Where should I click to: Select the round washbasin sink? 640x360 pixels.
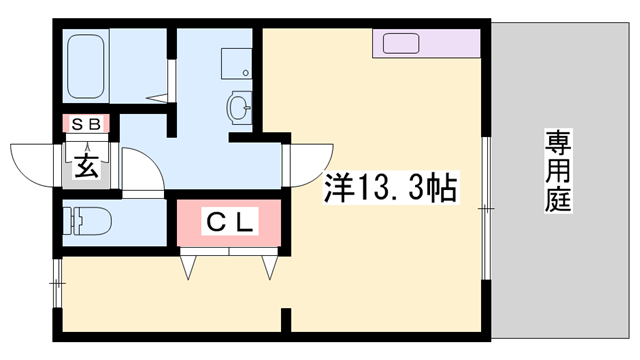pyautogui.click(x=239, y=106)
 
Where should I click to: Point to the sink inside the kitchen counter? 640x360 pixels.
pyautogui.click(x=400, y=44)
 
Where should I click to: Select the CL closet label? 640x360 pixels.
pyautogui.click(x=232, y=222)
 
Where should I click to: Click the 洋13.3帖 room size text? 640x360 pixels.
pyautogui.click(x=390, y=188)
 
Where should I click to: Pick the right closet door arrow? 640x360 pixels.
pyautogui.click(x=269, y=265)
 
